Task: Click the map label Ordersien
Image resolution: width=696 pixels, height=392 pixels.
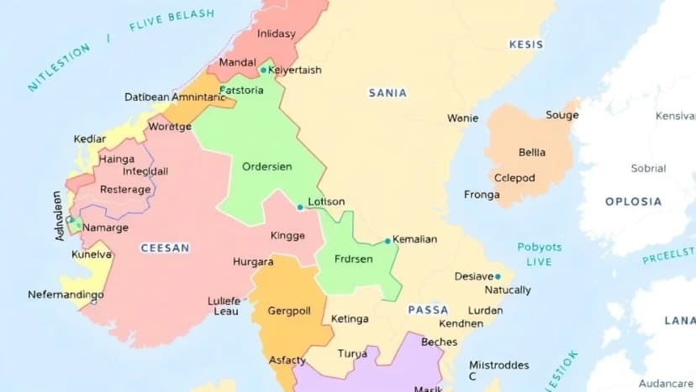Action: pos(267,166)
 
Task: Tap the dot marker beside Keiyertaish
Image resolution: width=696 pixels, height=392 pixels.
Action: pos(263,71)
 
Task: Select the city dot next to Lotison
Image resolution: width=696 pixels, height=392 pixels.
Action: pos(300,206)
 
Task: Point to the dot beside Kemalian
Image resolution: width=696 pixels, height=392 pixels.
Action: pos(388,241)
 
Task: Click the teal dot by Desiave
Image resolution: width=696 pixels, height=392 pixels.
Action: pos(498,276)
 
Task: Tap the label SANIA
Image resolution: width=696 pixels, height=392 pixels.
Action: pos(388,93)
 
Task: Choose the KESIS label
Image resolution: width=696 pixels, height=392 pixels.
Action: pos(526,44)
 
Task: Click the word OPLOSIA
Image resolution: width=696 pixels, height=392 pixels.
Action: pos(633,201)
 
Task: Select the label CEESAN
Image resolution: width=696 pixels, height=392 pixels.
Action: pos(165,248)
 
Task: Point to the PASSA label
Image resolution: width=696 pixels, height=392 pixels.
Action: pos(428,310)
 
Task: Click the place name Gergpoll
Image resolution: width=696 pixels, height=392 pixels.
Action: pos(289,311)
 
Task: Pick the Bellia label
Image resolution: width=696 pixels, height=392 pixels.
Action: pos(531,152)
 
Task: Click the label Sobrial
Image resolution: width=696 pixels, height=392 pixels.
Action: pos(648,168)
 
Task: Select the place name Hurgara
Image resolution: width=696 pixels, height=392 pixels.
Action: pos(253,262)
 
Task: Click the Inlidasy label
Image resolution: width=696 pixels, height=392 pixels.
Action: pos(277,34)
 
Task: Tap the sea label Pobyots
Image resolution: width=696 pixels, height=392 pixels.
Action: pos(540,248)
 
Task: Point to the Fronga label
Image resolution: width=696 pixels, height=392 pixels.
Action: pos(482,194)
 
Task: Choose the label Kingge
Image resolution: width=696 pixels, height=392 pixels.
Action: pos(287,236)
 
